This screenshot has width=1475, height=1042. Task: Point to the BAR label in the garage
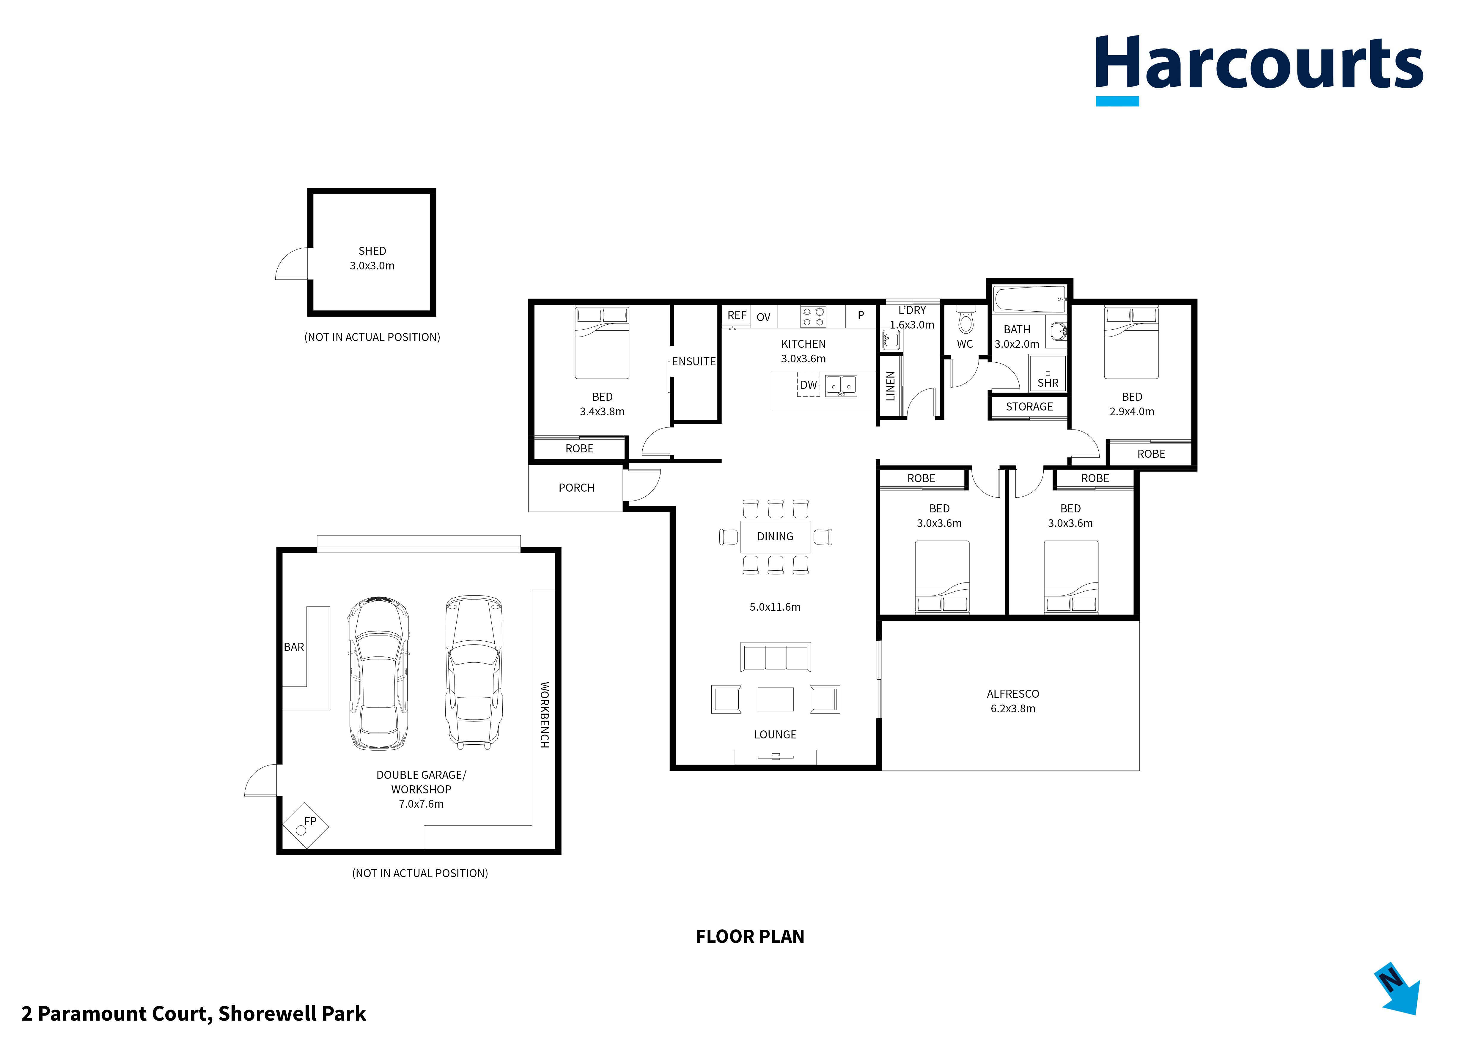(294, 647)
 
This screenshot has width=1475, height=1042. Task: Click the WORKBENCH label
(544, 715)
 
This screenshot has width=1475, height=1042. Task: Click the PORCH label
(576, 488)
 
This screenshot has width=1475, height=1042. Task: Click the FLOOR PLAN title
(750, 937)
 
